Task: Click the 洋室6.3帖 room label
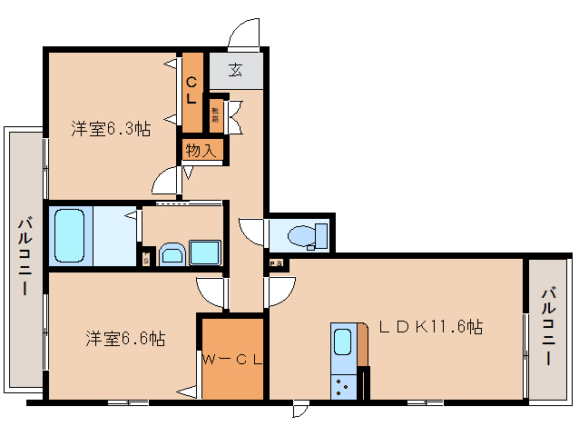111,129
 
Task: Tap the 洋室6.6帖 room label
125,339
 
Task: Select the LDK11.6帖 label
430,327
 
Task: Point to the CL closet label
192,91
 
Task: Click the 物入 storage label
201,151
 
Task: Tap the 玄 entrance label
235,70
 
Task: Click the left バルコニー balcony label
25,256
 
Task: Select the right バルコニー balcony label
550,327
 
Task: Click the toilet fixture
303,236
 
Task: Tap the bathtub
69,234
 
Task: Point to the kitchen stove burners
344,388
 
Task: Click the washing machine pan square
206,253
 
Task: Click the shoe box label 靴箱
216,113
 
